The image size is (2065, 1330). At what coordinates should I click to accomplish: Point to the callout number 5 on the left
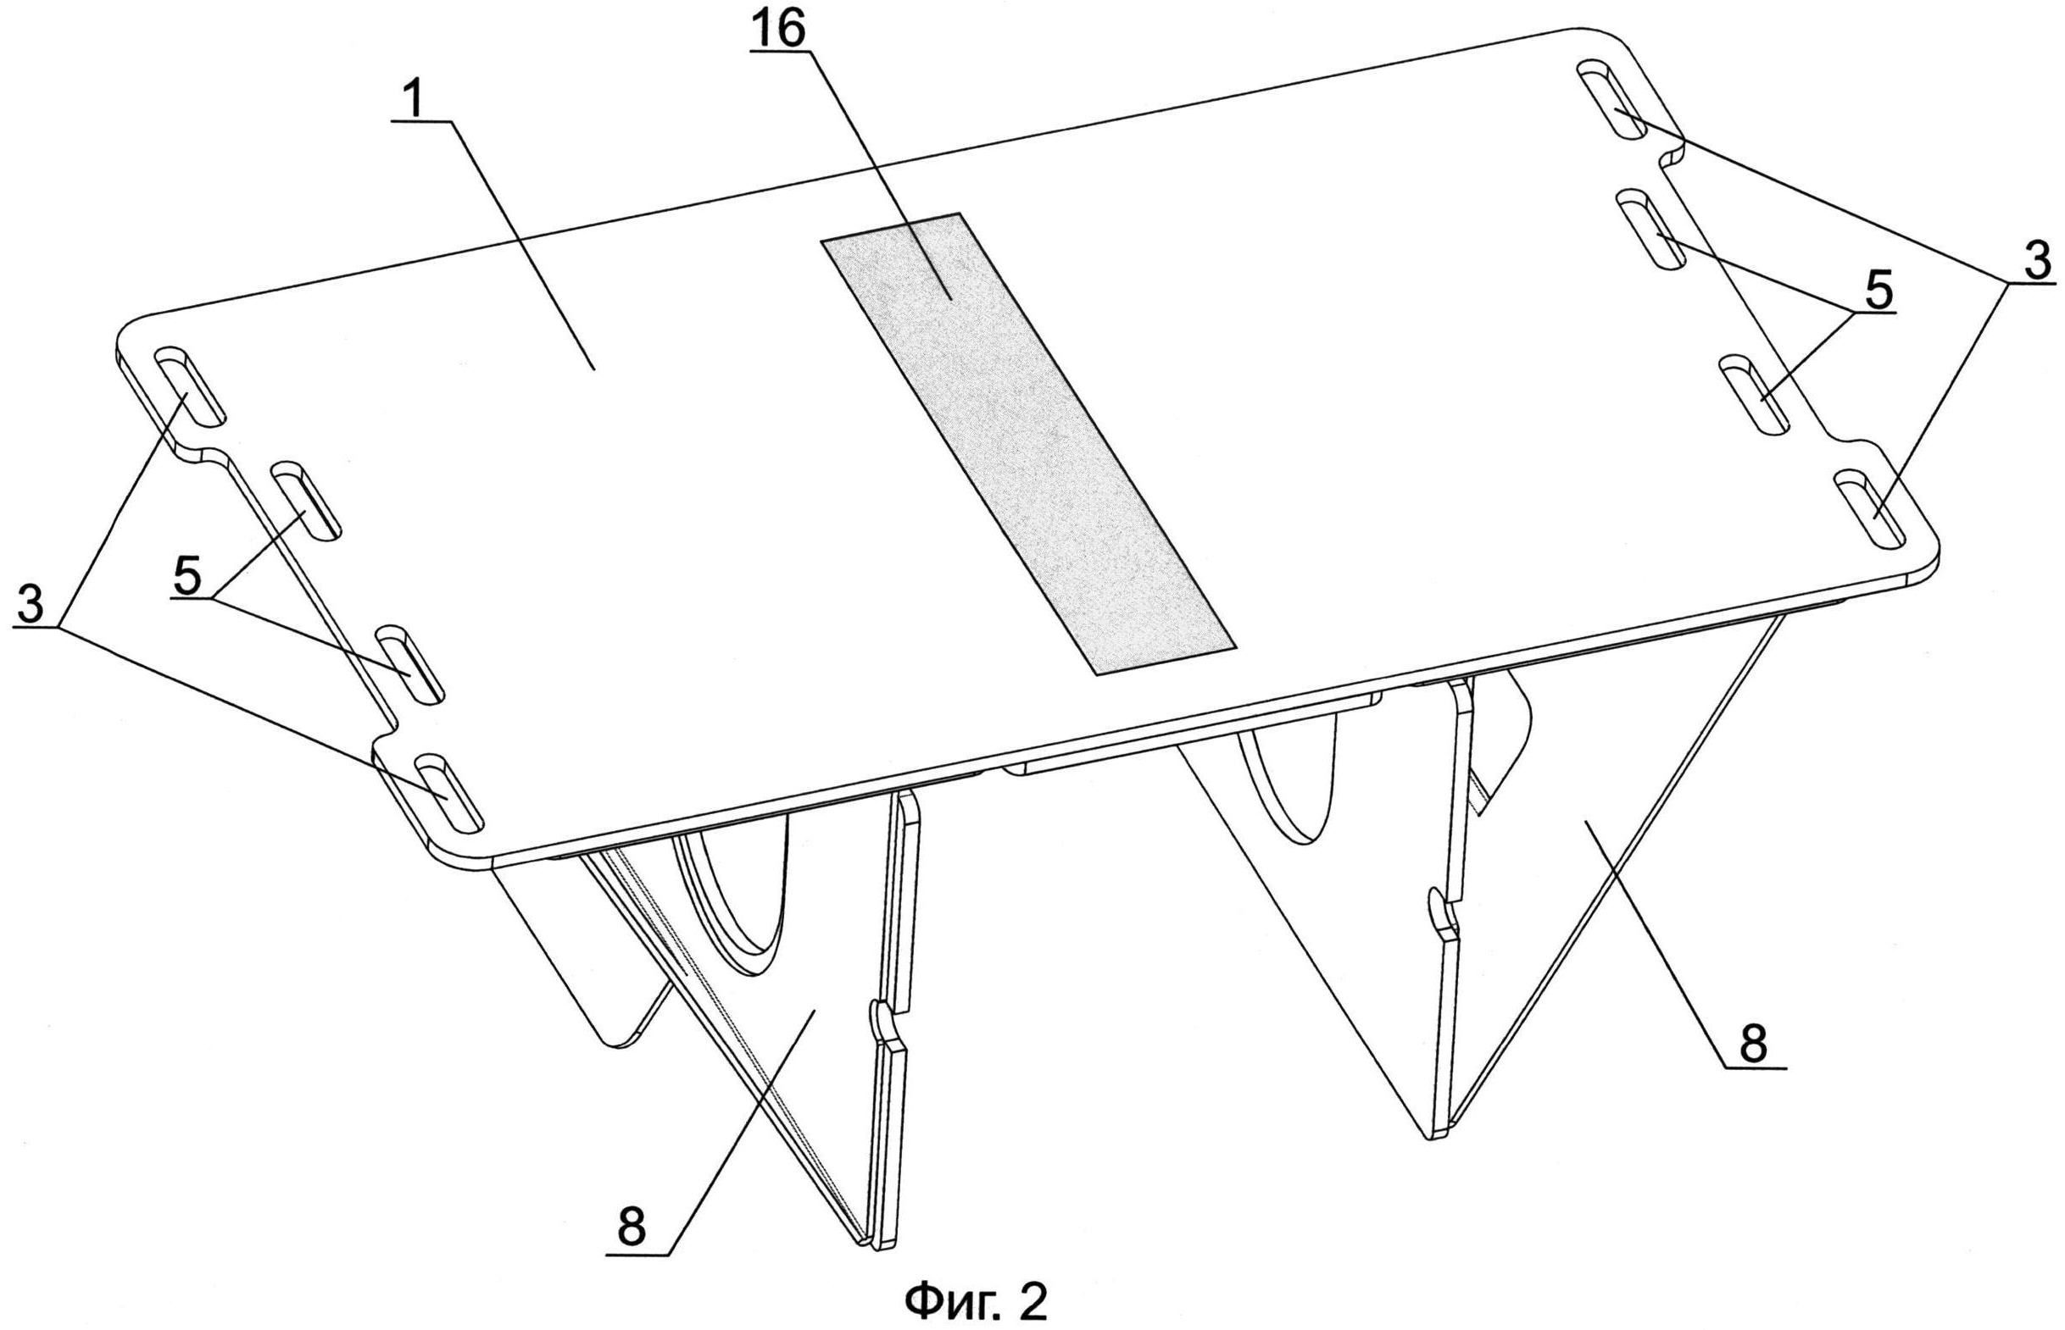point(187,574)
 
